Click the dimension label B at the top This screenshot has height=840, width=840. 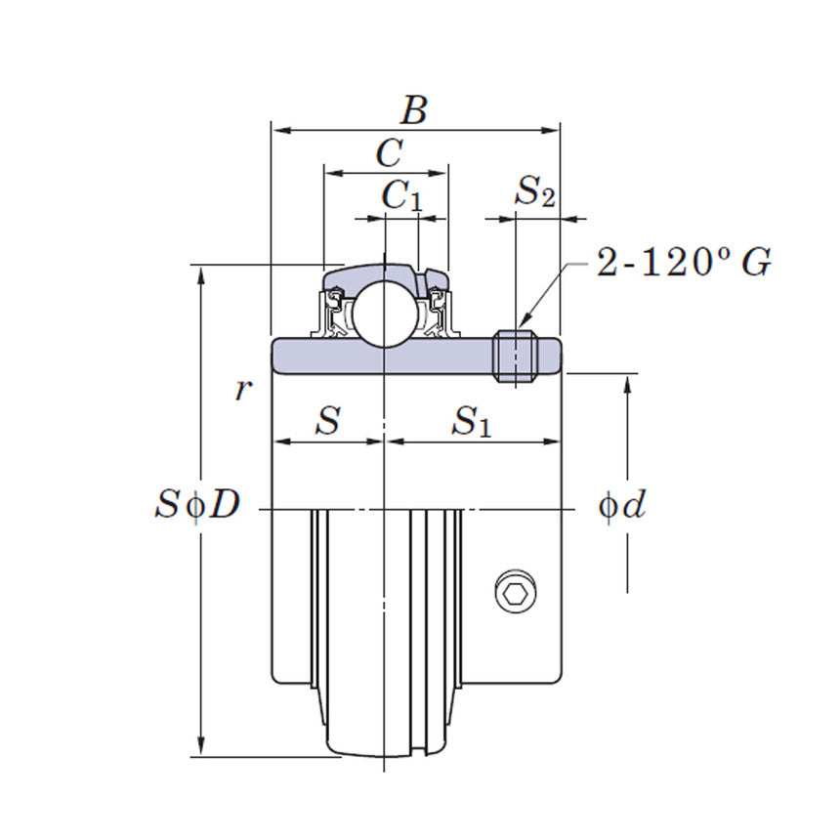414,110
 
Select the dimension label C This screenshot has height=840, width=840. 389,153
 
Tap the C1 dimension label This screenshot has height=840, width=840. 401,196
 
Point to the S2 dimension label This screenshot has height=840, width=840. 534,192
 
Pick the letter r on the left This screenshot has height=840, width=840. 243,390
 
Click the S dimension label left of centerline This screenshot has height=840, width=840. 327,422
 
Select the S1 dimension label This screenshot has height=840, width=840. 472,422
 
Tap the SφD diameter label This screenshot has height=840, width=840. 196,505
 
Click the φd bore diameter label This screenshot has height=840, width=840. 622,505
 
